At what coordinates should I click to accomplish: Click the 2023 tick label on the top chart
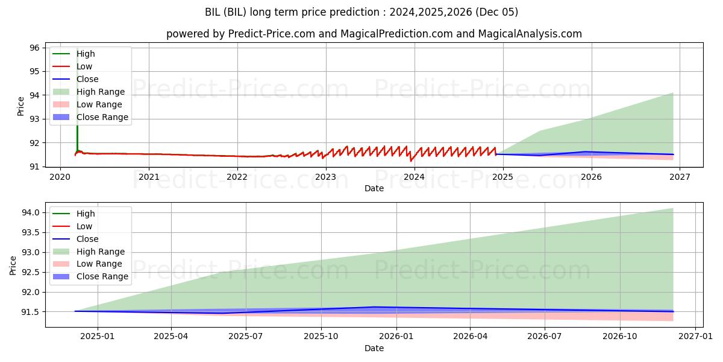(326, 177)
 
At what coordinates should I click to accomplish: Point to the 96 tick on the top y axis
(35, 48)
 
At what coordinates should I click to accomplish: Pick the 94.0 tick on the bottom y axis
(31, 212)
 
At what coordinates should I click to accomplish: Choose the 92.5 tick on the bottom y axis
(31, 272)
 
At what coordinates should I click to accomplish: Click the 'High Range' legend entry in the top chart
(101, 92)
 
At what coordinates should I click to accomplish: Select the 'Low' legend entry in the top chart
(84, 66)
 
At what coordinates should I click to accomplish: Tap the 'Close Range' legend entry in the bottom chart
(102, 276)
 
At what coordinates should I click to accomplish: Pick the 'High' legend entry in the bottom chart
(86, 214)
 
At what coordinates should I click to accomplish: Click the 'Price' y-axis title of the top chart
(21, 106)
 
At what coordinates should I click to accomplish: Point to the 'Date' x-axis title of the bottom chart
(374, 348)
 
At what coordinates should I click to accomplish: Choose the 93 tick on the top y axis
(35, 119)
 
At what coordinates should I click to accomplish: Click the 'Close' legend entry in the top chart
(87, 79)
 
